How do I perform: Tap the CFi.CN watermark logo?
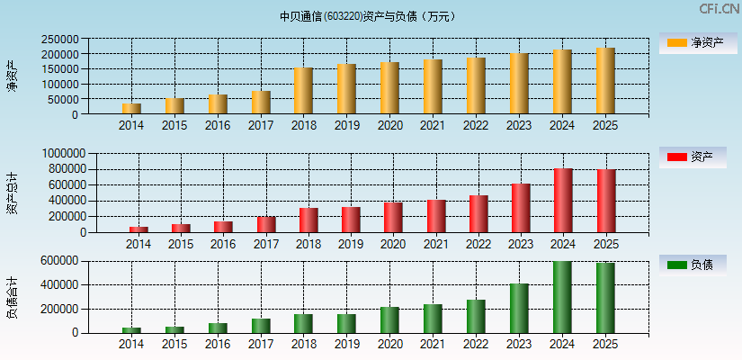pos(719,9)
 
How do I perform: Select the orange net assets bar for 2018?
pos(303,91)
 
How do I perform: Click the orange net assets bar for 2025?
pos(605,81)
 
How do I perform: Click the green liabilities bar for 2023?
pos(519,309)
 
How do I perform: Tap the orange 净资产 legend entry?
pos(693,43)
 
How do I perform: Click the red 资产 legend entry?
pos(693,157)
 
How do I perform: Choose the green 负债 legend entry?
pos(693,265)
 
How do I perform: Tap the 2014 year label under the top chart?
pos(131,126)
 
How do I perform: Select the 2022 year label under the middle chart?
pos(478,244)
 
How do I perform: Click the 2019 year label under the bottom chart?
pos(346,345)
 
